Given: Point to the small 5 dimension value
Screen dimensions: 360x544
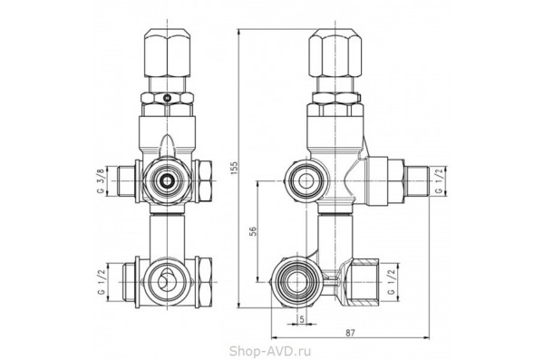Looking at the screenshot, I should (301, 317).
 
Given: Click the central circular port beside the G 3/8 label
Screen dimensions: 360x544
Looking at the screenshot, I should (167, 181).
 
